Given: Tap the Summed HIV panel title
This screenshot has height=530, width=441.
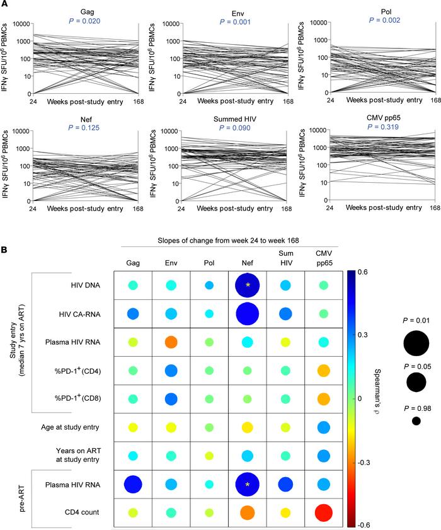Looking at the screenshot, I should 232,115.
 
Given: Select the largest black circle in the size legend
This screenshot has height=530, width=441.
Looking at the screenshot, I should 416,343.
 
